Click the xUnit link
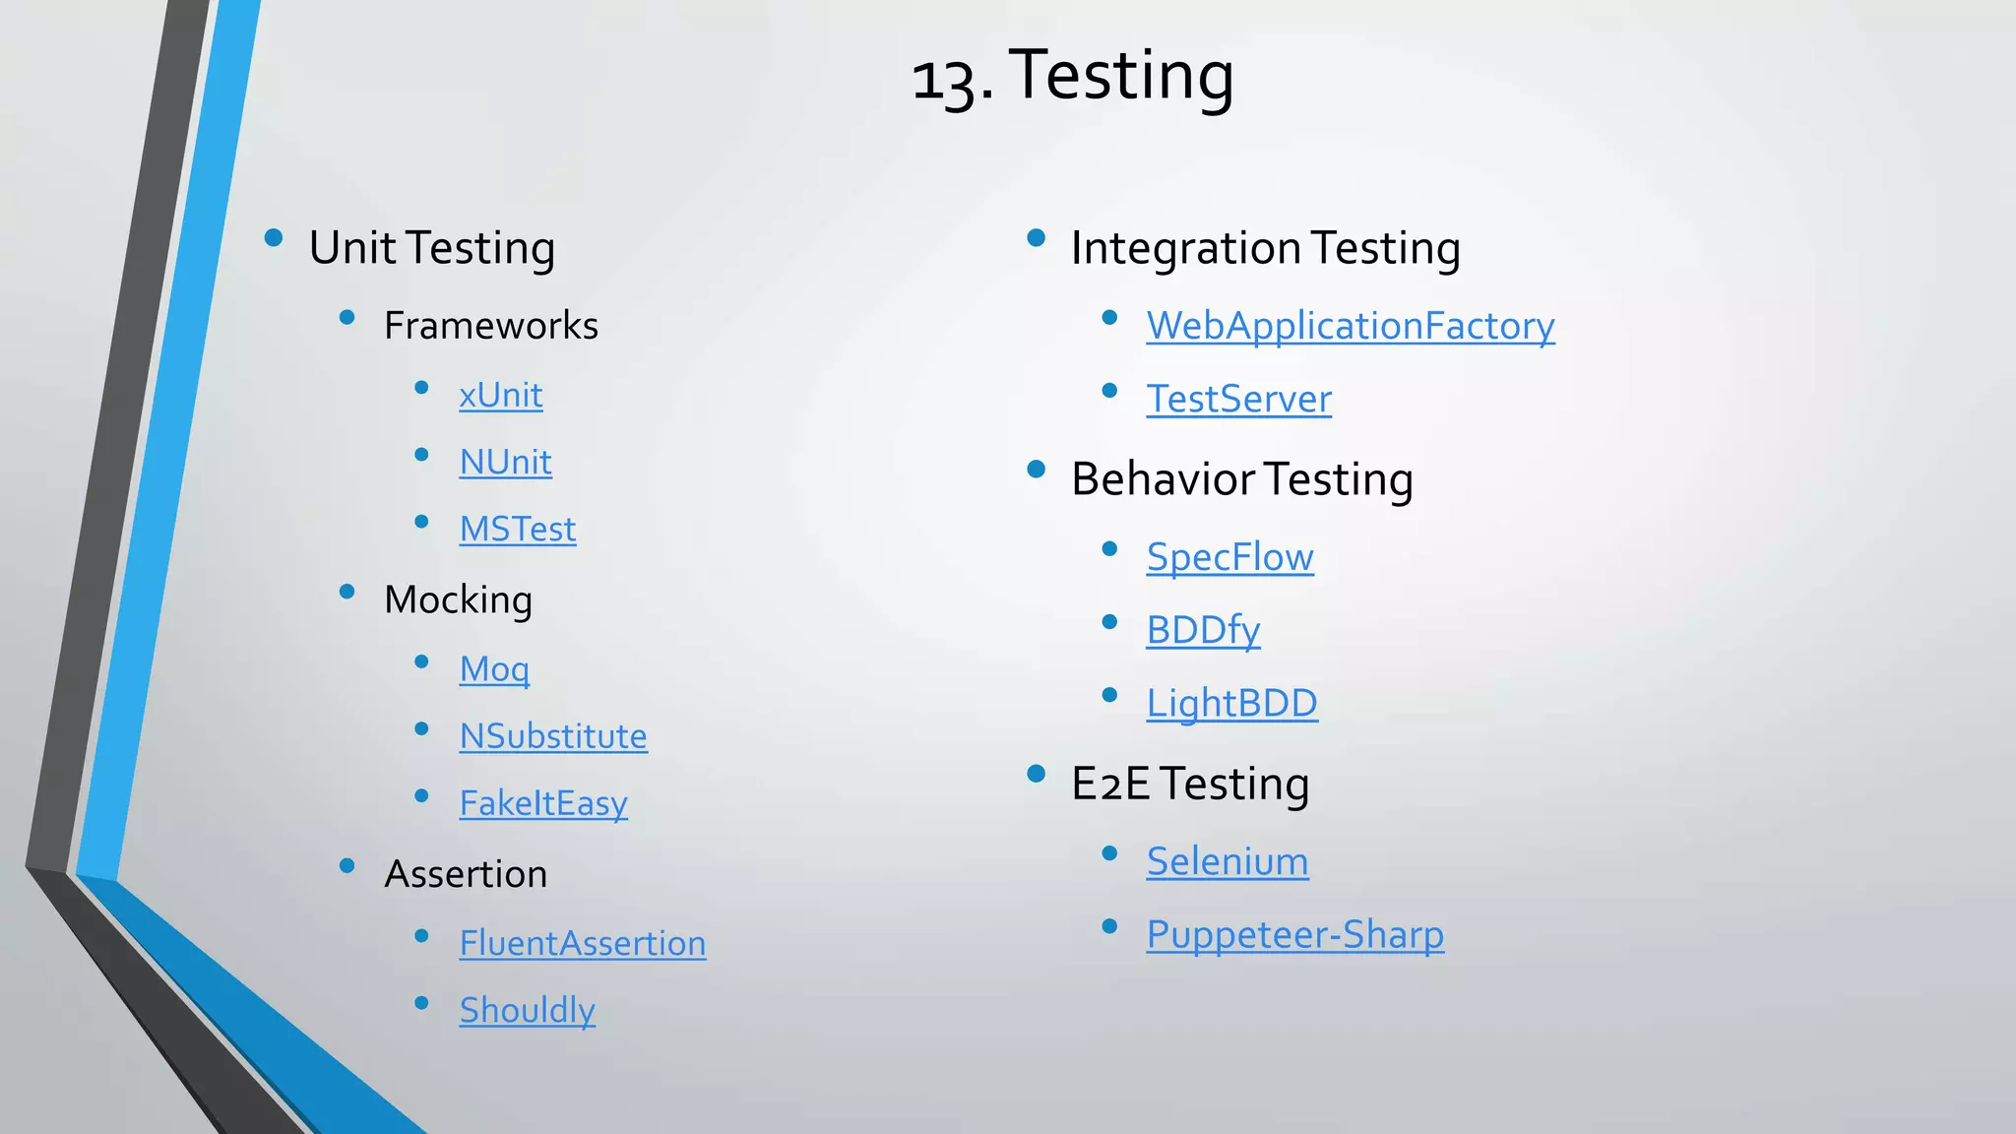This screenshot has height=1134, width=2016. (500, 396)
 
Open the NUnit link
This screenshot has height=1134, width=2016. (505, 463)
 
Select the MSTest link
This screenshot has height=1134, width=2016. (517, 530)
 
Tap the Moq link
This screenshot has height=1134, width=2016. (494, 669)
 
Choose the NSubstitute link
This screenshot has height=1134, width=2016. (552, 736)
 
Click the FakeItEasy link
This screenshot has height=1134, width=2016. (542, 803)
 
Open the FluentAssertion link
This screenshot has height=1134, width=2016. (582, 943)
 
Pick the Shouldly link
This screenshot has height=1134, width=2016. (527, 1010)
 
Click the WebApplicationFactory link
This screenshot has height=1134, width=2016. (1350, 326)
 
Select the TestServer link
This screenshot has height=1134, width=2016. (1238, 399)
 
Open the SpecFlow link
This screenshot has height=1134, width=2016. (1229, 557)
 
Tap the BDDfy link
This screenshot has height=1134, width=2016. (1203, 630)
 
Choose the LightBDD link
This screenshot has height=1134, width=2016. (1231, 703)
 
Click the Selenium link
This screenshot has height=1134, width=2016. (1228, 861)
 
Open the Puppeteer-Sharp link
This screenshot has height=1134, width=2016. (1294, 934)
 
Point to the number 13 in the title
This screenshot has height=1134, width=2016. (945, 79)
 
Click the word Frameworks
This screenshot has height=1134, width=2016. (490, 326)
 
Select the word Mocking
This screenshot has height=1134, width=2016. (458, 599)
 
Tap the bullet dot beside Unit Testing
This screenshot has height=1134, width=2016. (274, 237)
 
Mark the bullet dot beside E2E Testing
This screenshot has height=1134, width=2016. (1036, 774)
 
